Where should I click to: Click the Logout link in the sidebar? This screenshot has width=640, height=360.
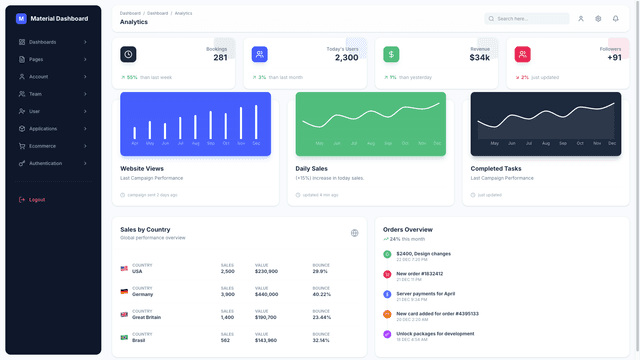[36, 199]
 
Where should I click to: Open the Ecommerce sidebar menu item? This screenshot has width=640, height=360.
[42, 146]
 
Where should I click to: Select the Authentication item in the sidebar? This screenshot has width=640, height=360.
[46, 163]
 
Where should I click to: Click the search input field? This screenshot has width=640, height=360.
[531, 18]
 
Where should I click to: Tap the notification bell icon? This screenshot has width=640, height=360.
[615, 18]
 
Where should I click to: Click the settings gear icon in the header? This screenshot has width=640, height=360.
[598, 18]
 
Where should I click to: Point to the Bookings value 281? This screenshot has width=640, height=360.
[220, 58]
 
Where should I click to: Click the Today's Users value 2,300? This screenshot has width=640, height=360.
[346, 58]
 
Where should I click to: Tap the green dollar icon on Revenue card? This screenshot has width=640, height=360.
[391, 54]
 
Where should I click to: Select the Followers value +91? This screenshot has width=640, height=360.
[614, 58]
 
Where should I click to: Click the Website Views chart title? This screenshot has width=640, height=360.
[142, 168]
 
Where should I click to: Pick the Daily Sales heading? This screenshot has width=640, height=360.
[311, 168]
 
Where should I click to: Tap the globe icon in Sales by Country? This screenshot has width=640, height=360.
[354, 233]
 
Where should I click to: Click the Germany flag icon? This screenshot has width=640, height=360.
[125, 292]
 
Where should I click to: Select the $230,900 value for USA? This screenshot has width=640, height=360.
[266, 271]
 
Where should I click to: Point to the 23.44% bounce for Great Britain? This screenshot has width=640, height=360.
[321, 317]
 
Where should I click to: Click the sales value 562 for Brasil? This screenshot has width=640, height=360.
[225, 340]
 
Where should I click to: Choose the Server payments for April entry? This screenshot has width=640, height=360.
[425, 293]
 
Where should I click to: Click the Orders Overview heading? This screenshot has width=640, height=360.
[408, 229]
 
